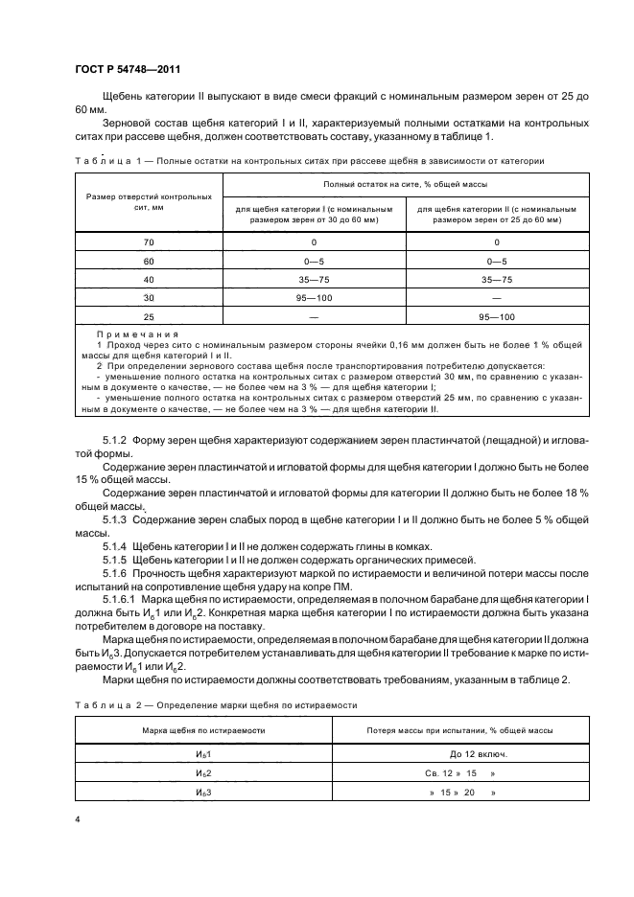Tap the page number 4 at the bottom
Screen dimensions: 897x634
tap(77, 821)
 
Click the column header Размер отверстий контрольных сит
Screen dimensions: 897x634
tap(149, 201)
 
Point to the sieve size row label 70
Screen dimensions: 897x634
tap(149, 243)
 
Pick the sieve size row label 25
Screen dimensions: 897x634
tap(149, 316)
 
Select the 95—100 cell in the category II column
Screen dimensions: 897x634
tap(495, 316)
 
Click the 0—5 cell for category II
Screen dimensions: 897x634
tap(495, 262)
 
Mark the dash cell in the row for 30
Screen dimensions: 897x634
tap(495, 298)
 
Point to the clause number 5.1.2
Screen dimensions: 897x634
tap(114, 439)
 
